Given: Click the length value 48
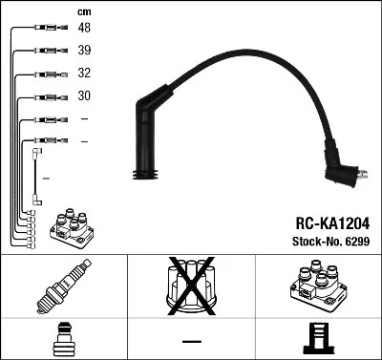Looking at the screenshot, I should [x=84, y=29].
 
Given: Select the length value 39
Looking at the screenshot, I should [x=84, y=52].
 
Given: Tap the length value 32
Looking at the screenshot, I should [x=84, y=74].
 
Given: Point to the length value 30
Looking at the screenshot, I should [x=84, y=96].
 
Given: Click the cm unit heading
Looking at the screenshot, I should [x=84, y=11].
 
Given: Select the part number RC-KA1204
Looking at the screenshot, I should [x=327, y=221].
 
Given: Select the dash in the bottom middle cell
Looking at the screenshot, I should [x=191, y=341].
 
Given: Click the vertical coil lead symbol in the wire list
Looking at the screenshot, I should [x=37, y=176].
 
